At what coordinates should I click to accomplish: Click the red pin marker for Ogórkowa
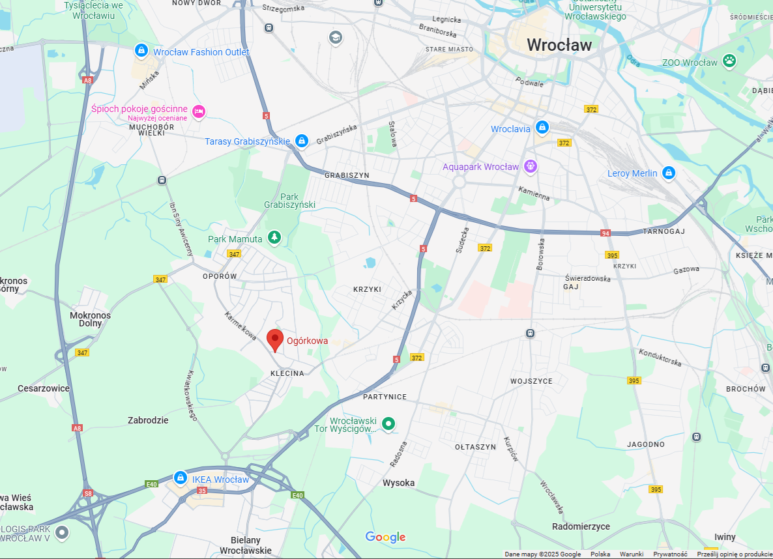pos(275,339)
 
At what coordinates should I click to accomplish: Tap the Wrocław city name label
pos(559,45)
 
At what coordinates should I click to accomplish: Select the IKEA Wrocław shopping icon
pos(180,479)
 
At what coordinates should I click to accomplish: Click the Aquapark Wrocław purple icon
pos(531,167)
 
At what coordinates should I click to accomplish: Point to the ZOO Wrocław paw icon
pos(729,62)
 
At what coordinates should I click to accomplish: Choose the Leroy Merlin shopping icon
pos(668,173)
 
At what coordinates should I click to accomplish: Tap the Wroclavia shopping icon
pos(542,128)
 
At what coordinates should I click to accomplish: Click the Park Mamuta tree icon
pos(274,238)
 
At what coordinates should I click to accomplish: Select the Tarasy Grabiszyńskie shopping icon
pos(301,141)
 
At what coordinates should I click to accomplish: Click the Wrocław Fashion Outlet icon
pos(141,51)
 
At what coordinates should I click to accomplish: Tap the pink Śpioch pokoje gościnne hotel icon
pos(199,111)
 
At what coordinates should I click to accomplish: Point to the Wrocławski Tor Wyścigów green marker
pos(388,424)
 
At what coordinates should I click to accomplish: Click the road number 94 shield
pos(605,233)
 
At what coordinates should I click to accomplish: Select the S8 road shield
pos(87,494)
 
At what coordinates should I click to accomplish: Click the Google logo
pos(385,537)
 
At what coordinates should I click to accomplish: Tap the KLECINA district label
pos(287,373)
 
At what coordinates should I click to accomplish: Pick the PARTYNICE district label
pos(385,397)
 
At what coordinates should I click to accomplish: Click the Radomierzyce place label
pos(581,526)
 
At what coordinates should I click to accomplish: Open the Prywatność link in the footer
pos(670,554)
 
